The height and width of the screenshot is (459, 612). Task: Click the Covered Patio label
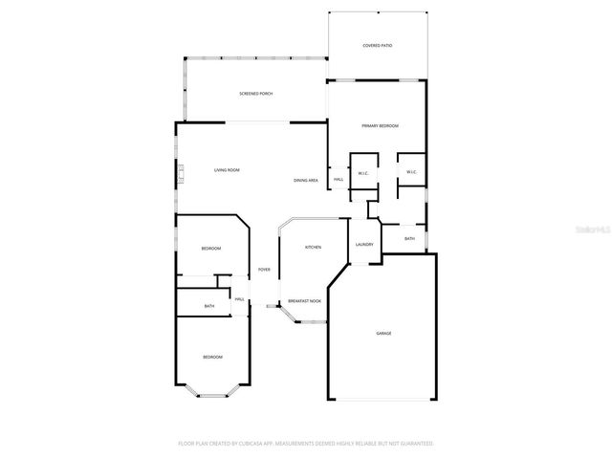(x=377, y=45)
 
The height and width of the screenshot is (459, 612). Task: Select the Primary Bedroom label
(x=379, y=126)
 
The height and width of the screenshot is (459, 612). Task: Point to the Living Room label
(x=227, y=170)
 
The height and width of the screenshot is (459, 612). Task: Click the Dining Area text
(x=306, y=180)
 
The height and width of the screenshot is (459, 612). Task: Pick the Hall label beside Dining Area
(x=339, y=180)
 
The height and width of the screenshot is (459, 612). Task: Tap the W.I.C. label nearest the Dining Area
(x=363, y=173)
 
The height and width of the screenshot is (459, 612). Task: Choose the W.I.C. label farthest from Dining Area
(x=411, y=172)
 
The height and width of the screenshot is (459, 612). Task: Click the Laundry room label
(x=363, y=245)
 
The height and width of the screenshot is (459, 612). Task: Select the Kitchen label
(x=313, y=247)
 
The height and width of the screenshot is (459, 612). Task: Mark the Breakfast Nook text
(x=305, y=301)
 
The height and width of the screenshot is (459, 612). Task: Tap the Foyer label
(x=264, y=270)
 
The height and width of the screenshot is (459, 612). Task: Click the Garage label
(x=382, y=333)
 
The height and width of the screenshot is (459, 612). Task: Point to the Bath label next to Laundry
(x=409, y=239)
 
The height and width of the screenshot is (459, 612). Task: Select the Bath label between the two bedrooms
(x=209, y=306)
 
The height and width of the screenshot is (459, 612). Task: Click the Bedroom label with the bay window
(x=211, y=357)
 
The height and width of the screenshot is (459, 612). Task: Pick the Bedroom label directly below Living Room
(x=210, y=249)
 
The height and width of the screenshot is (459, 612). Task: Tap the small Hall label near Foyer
(x=240, y=299)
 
